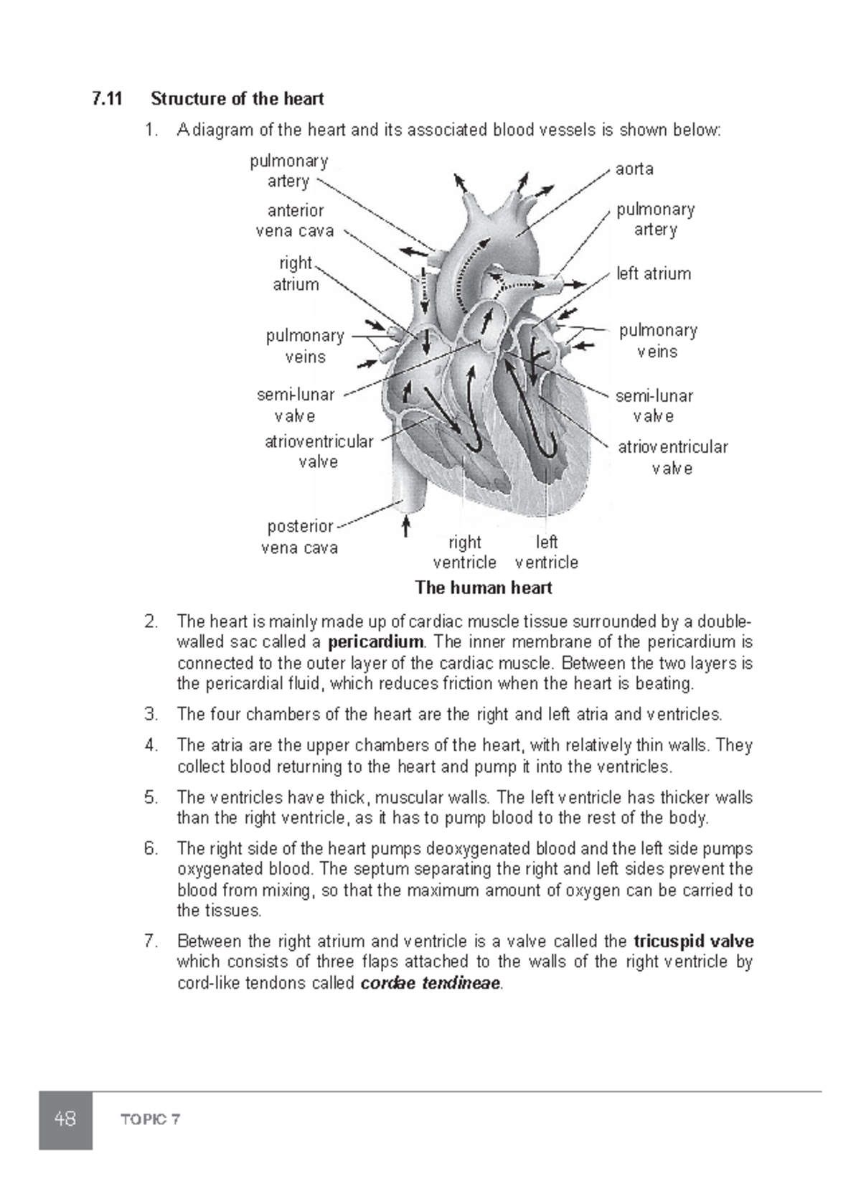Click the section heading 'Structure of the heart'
[237, 98]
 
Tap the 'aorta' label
[634, 169]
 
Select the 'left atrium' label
[654, 273]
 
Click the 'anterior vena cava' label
[295, 221]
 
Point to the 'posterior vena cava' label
[300, 537]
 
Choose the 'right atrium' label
[296, 273]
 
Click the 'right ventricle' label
[464, 552]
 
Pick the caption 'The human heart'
[483, 588]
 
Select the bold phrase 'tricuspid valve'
[694, 941]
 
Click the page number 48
[65, 1119]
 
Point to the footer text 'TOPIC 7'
[151, 1119]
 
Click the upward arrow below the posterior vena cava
[406, 526]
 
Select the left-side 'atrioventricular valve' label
[319, 451]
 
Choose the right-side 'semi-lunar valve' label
[654, 406]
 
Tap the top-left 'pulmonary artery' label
[288, 171]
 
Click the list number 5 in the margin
[150, 797]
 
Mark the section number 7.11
[108, 98]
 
